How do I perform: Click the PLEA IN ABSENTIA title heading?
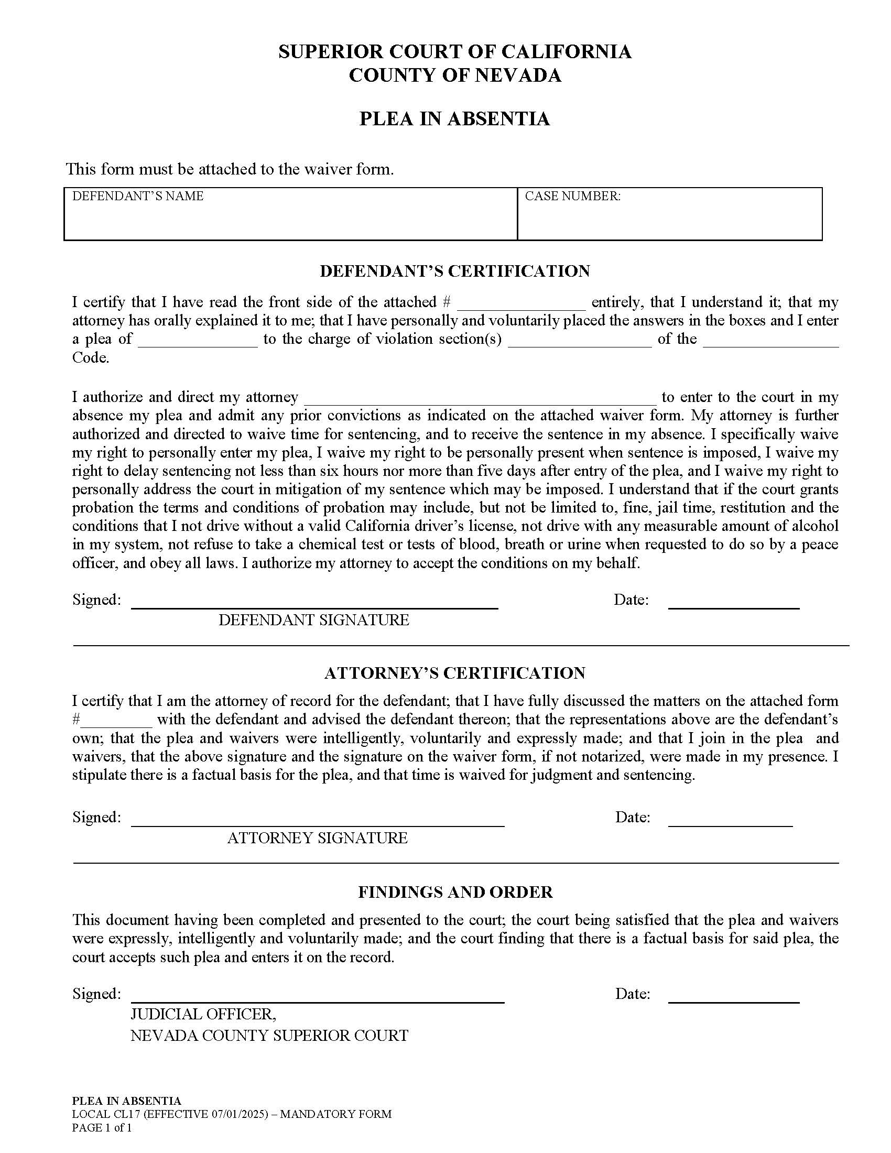click(454, 118)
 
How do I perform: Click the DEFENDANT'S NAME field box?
click(290, 214)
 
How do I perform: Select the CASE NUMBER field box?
click(669, 214)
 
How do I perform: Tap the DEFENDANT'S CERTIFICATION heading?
click(454, 271)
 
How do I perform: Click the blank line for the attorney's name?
click(480, 398)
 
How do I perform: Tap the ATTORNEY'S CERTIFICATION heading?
click(454, 673)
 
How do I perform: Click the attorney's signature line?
click(318, 820)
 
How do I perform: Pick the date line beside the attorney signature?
click(731, 820)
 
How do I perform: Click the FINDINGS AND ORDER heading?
click(455, 892)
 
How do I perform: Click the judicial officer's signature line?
click(318, 997)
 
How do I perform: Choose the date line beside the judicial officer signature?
click(734, 997)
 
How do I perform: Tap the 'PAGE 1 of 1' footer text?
click(102, 1128)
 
